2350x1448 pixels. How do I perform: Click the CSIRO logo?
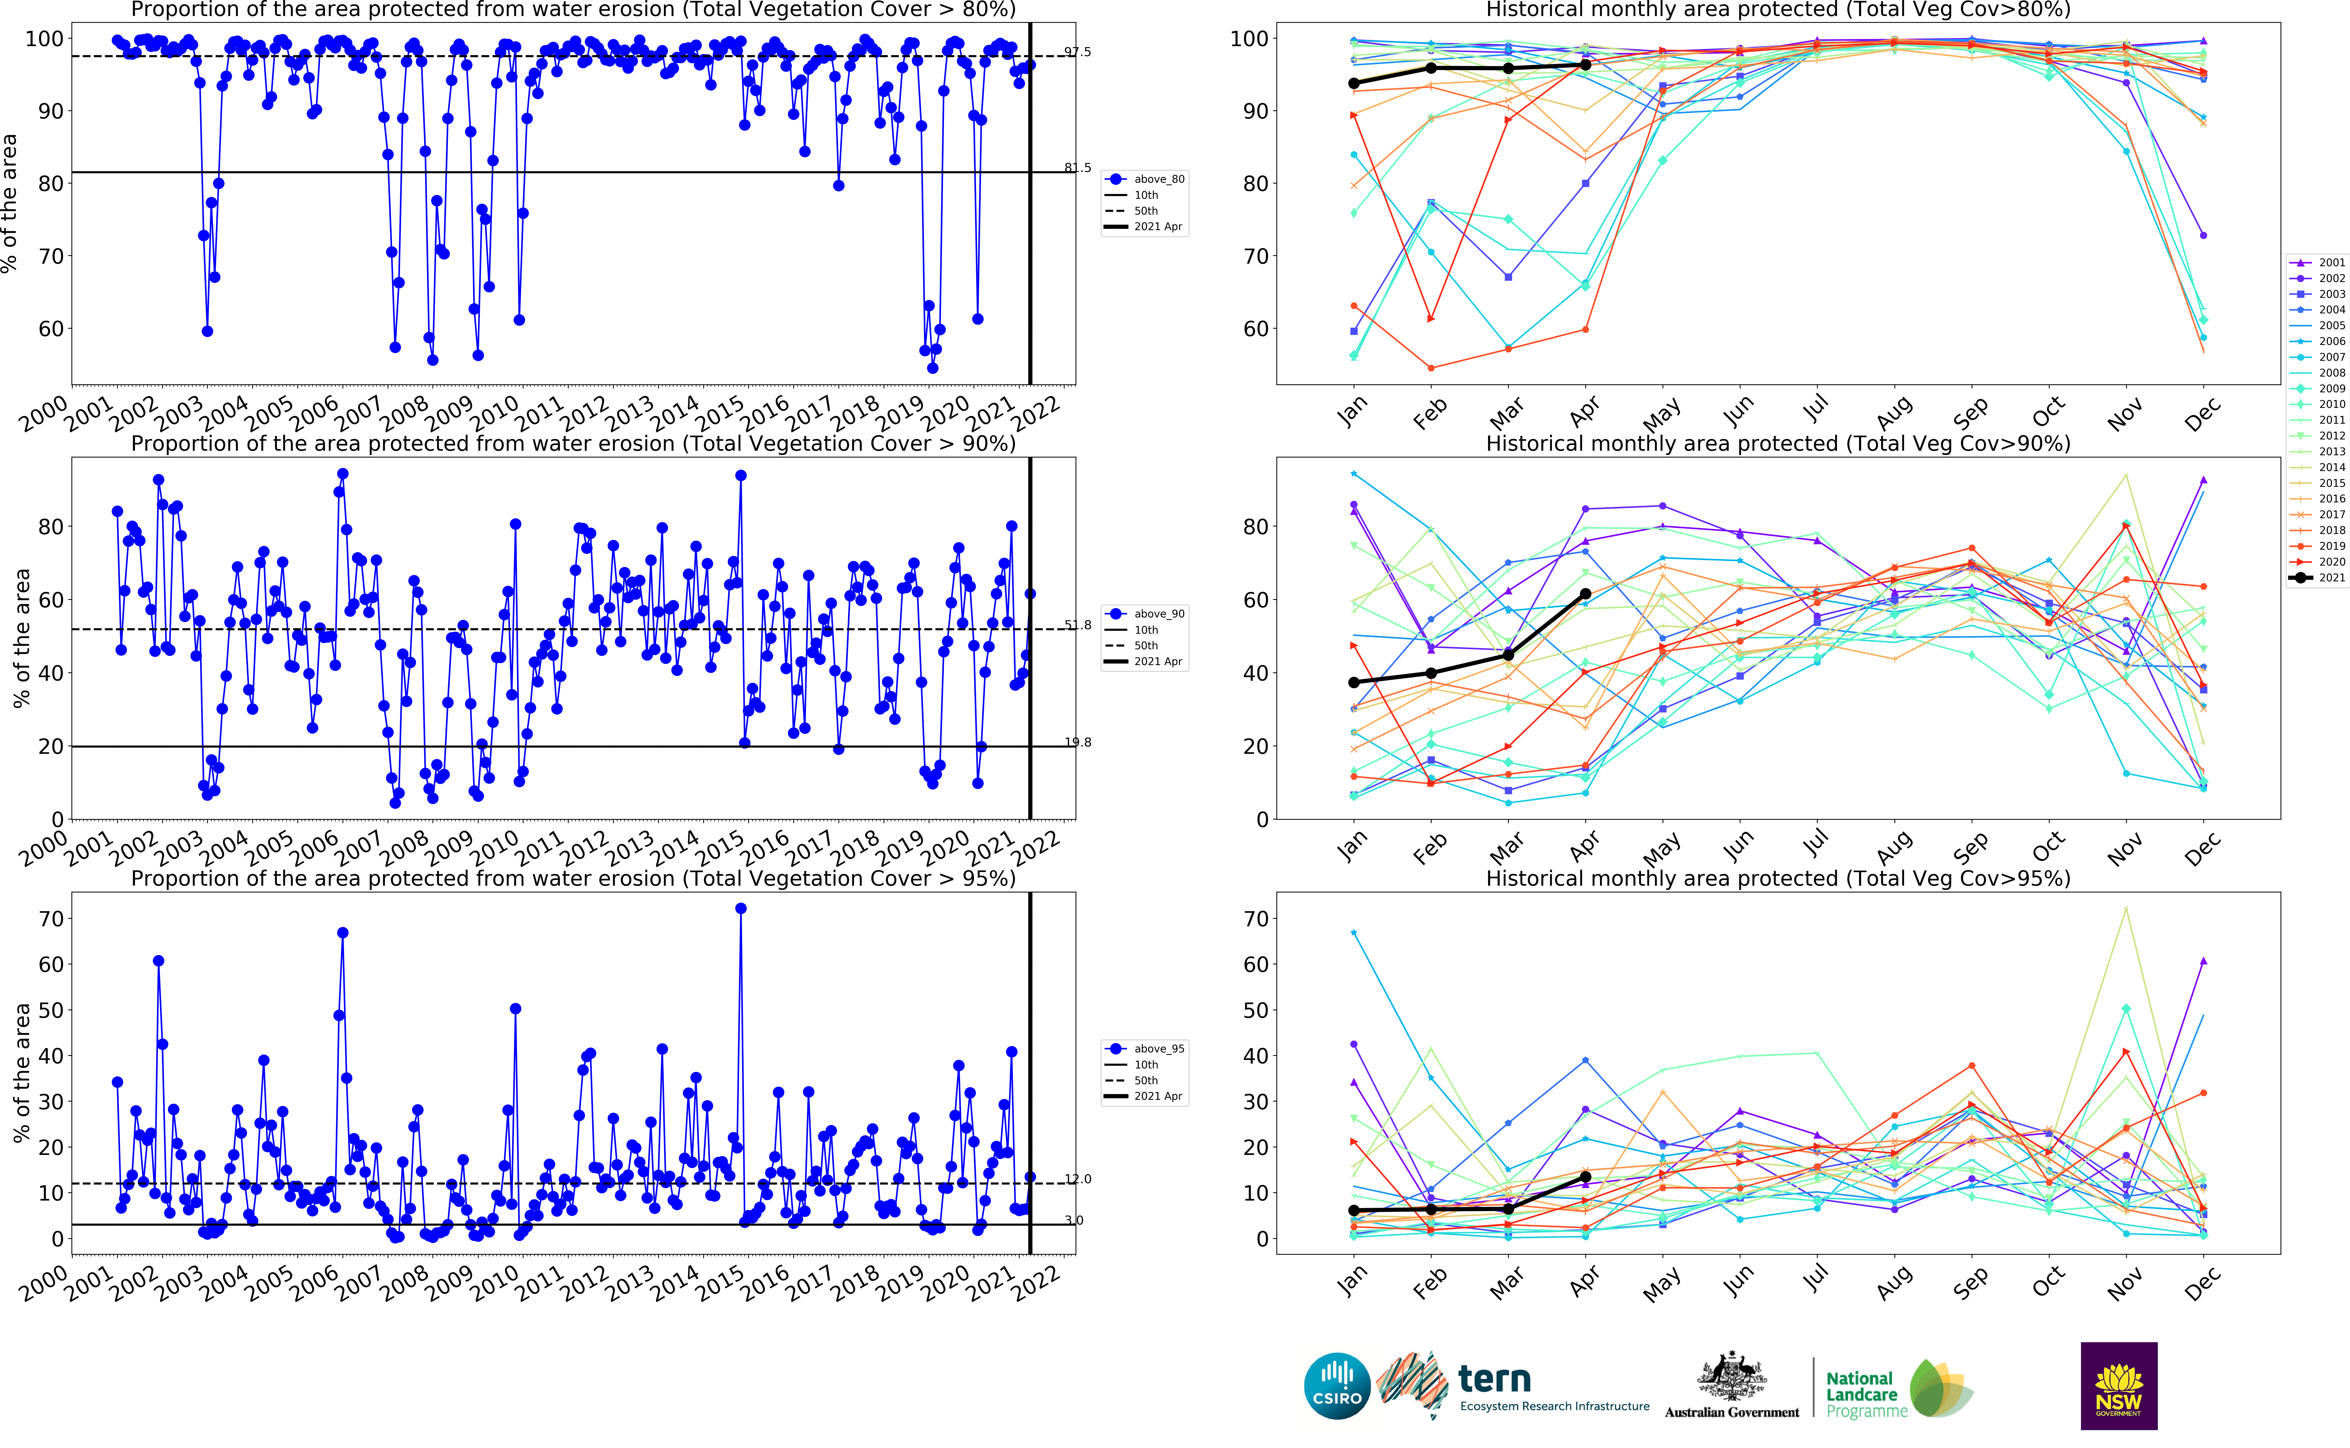click(1337, 1386)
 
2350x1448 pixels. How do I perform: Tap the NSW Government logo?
click(2118, 1386)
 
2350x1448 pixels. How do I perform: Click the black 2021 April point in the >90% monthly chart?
click(1585, 594)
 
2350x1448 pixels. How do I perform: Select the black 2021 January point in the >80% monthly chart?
click(1353, 83)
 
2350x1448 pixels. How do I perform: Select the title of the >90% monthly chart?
click(1777, 443)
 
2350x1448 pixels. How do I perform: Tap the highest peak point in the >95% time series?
click(740, 909)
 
